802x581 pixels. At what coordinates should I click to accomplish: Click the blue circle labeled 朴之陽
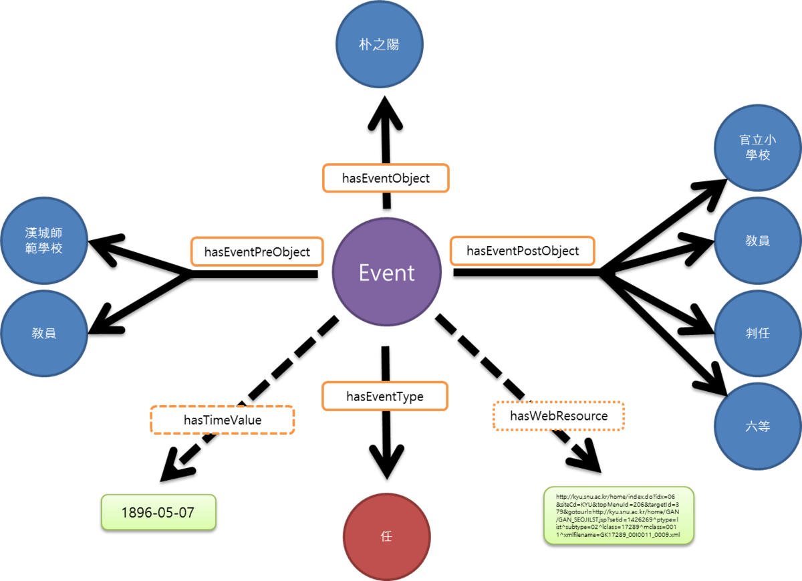(379, 45)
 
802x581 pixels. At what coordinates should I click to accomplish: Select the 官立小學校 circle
(757, 147)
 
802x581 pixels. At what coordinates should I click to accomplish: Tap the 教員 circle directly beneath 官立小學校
(757, 241)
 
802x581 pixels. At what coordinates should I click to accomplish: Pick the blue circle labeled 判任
(757, 332)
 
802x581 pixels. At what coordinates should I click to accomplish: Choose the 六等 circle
(757, 425)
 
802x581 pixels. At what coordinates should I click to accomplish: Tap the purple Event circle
(386, 272)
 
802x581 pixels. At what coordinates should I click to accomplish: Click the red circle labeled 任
(386, 536)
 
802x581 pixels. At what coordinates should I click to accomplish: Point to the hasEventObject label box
(386, 179)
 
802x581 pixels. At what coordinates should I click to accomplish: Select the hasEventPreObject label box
(257, 251)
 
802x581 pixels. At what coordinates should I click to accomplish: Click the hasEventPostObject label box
(522, 251)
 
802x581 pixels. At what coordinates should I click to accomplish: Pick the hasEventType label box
(385, 396)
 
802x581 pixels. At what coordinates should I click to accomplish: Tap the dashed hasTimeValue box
(223, 420)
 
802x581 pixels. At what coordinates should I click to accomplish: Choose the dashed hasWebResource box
(559, 416)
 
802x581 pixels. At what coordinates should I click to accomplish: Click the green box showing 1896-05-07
(158, 512)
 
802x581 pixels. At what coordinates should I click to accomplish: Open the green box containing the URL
(618, 515)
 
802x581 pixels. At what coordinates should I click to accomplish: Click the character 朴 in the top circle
(364, 45)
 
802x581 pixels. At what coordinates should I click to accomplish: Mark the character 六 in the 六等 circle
(751, 425)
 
